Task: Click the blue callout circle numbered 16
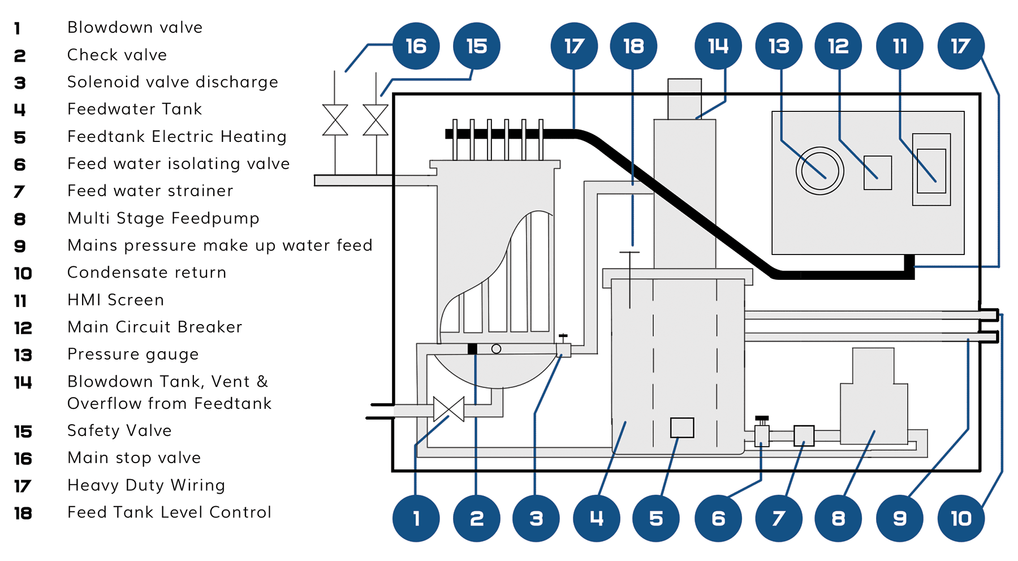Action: click(416, 46)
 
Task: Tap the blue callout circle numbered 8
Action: click(838, 518)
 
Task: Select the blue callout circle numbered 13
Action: click(779, 46)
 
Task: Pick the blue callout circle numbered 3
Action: click(536, 518)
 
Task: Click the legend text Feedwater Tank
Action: click(135, 109)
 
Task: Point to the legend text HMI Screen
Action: click(116, 300)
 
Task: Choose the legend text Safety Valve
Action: click(119, 430)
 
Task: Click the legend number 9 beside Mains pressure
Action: click(20, 246)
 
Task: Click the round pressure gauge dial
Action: click(819, 171)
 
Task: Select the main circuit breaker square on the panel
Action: click(878, 172)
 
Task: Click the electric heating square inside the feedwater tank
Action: click(682, 428)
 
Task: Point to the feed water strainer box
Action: click(804, 435)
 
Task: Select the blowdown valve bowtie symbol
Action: click(448, 409)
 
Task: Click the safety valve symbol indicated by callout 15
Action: click(376, 120)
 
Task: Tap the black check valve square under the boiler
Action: click(472, 349)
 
